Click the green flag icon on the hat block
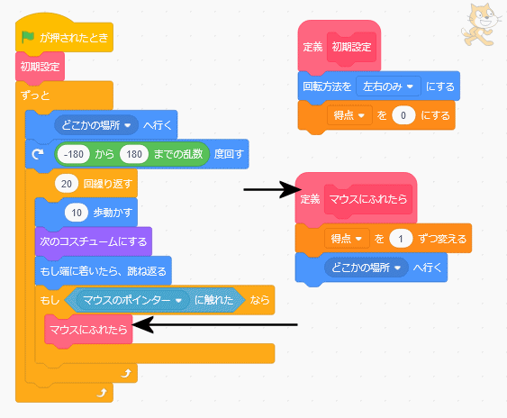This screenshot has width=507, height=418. coord(28,37)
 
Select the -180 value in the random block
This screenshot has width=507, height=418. coord(74,154)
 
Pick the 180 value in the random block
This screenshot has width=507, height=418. coord(134,154)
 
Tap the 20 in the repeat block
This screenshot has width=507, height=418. coord(67,184)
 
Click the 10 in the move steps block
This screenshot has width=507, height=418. coord(77,213)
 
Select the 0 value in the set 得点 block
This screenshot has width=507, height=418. coord(403,115)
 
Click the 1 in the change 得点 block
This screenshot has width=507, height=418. coord(401,239)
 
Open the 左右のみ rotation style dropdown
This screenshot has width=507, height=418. coord(388,86)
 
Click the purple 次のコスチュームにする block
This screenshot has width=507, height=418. coord(94,241)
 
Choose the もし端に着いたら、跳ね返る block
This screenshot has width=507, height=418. coord(104,270)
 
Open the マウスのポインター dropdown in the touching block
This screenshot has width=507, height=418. coord(132,300)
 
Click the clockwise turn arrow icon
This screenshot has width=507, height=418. coord(38,154)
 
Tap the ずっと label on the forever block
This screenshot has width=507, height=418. coord(35,95)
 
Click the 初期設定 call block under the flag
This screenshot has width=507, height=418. coord(41,67)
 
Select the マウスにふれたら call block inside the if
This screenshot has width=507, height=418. coord(88,330)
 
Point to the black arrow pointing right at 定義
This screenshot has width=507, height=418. coord(272,189)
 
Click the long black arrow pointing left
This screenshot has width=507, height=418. coord(214,324)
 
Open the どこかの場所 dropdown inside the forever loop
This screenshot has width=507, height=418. coord(96,125)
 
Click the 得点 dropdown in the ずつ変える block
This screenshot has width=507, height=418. coord(347,239)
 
